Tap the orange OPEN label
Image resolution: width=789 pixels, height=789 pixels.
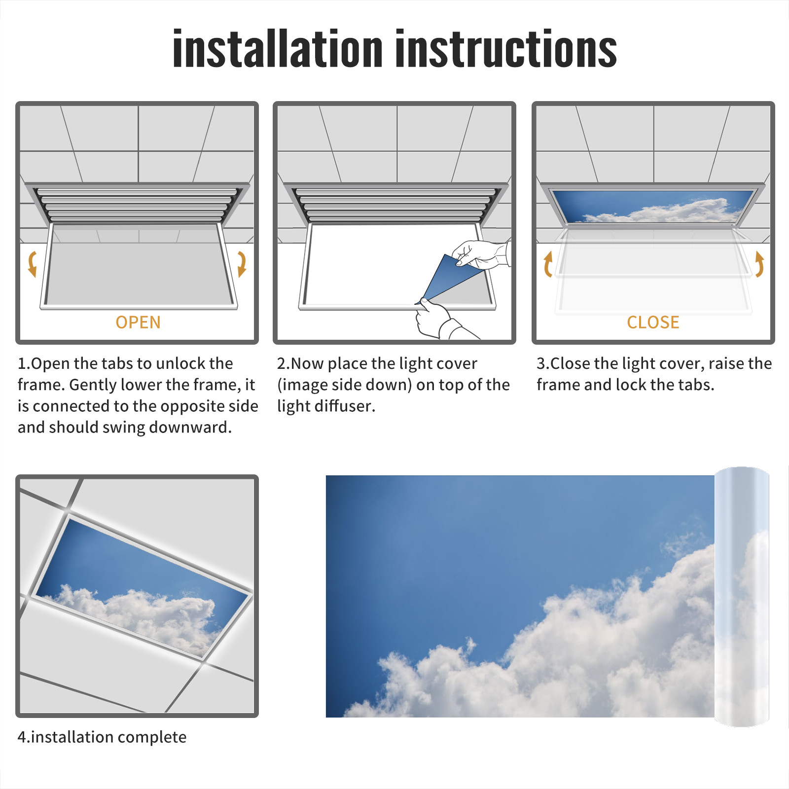click(138, 322)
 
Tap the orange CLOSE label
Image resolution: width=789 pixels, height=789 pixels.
click(653, 322)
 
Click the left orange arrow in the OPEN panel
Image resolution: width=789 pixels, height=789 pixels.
click(33, 264)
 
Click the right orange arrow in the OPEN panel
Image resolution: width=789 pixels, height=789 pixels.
click(242, 264)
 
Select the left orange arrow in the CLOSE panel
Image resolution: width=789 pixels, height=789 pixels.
click(548, 264)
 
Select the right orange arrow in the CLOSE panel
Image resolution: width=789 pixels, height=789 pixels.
click(759, 264)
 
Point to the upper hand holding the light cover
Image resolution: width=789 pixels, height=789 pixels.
click(481, 254)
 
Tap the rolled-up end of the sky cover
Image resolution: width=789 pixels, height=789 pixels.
click(742, 597)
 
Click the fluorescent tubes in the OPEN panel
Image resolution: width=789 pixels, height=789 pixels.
click(137, 204)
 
